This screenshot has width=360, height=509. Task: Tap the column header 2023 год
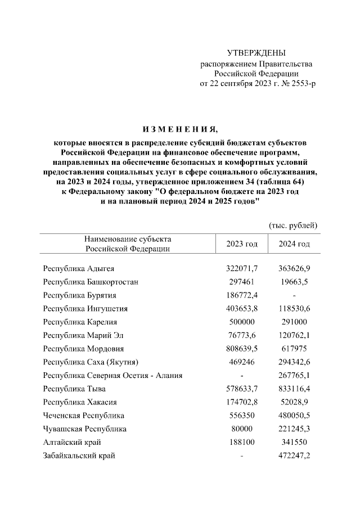coord(241,244)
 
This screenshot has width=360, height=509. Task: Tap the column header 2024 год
coord(295,244)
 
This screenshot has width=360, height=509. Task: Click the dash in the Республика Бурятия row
coord(295,295)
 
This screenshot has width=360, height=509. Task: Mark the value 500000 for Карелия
coord(241,322)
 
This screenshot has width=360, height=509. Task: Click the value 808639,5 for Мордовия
coord(241,349)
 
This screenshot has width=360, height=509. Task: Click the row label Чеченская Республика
coord(83,416)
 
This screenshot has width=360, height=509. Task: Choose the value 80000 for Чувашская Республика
coord(241,429)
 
